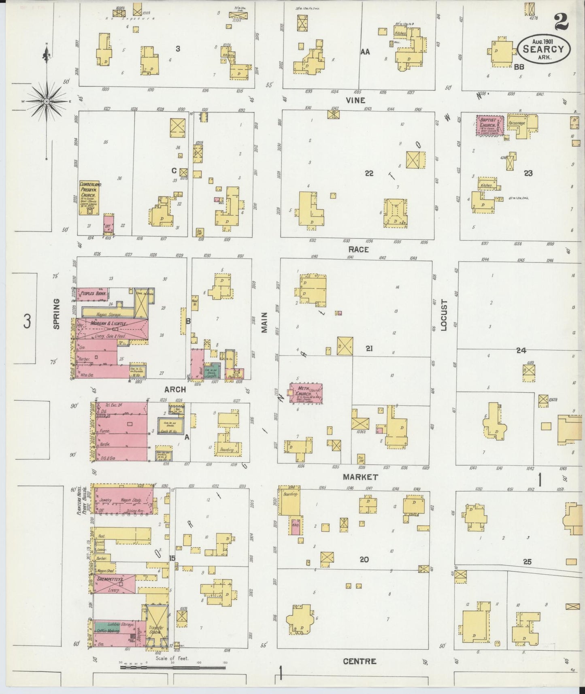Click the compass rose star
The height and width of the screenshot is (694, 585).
pos(46,101)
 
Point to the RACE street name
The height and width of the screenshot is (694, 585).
pos(358,249)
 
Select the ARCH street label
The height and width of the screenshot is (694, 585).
pos(175,390)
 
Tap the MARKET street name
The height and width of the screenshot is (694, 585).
pos(360,477)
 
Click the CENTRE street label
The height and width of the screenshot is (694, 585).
pos(359,661)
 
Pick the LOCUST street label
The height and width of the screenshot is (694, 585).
pos(444,315)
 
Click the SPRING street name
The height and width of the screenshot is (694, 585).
pos(56,313)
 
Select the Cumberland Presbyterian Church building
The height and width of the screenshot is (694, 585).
pos(90,198)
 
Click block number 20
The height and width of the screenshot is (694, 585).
pos(364,560)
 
